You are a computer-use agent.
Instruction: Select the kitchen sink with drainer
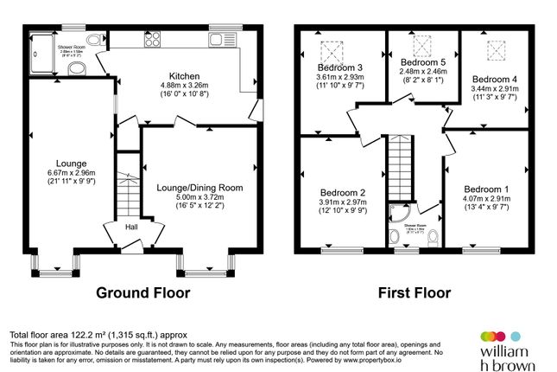tap(223, 38)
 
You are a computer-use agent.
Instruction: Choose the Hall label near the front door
tap(131, 227)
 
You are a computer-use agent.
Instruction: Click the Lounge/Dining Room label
tap(199, 187)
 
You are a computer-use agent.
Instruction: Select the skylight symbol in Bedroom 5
tap(421, 44)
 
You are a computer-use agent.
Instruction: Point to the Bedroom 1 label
tap(486, 189)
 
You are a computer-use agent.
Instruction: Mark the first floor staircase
tap(400, 170)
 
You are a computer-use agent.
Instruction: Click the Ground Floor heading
tap(142, 292)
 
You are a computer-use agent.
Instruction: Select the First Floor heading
tap(415, 292)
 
